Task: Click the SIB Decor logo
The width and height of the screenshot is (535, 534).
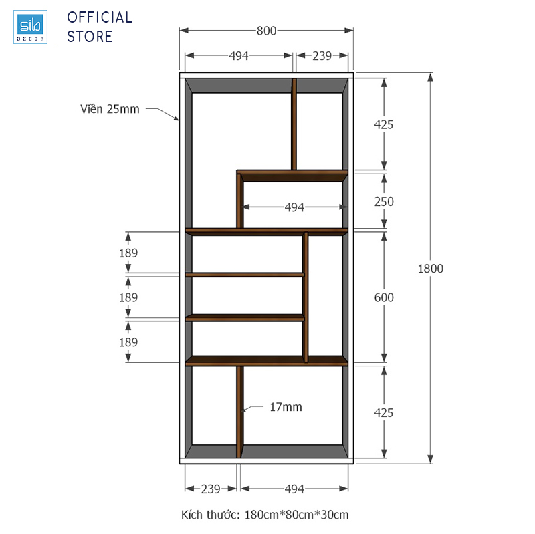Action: click(30, 27)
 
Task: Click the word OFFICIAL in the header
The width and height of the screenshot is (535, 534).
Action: click(100, 18)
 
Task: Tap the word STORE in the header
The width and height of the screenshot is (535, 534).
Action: click(90, 37)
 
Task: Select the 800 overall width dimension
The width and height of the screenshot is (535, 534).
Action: click(266, 31)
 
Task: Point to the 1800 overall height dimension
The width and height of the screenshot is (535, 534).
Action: click(431, 269)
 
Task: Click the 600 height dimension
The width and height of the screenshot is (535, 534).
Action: click(384, 297)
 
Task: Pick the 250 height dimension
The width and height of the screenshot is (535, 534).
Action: click(384, 202)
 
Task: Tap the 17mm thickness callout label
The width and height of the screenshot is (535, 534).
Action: click(286, 407)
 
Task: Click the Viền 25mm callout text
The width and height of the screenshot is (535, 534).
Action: click(110, 109)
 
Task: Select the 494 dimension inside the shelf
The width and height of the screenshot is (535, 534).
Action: click(294, 207)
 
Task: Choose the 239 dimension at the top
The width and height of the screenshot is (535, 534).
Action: click(322, 56)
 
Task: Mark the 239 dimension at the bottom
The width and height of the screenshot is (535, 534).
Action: click(211, 489)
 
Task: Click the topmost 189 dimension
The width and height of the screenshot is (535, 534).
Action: click(128, 253)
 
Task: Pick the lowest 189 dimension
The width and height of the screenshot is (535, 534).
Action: click(128, 342)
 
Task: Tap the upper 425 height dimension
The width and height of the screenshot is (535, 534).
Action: click(383, 124)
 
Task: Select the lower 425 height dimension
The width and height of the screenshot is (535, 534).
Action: click(383, 413)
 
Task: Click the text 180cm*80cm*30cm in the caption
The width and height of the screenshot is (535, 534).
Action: click(296, 515)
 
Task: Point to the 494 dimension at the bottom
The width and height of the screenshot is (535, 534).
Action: click(294, 489)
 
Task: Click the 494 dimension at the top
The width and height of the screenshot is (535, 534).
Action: click(239, 56)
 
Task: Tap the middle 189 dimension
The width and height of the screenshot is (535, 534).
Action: click(128, 297)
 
